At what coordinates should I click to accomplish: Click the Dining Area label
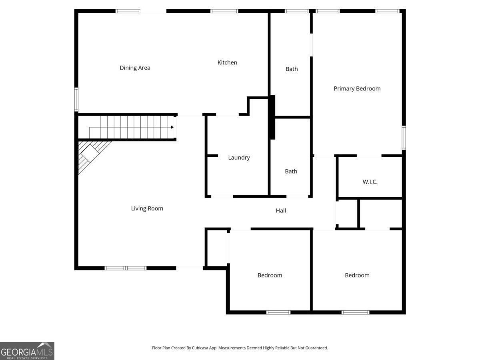(x=135, y=68)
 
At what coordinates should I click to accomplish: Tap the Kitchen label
(x=227, y=62)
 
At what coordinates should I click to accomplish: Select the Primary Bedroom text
(x=357, y=88)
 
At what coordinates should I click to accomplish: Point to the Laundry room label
(x=239, y=158)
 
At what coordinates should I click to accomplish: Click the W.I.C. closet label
(x=370, y=182)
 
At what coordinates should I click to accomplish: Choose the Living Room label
(x=147, y=208)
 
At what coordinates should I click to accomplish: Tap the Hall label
(x=281, y=210)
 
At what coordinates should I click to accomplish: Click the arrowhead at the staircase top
(x=172, y=127)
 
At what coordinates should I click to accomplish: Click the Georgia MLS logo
(x=27, y=351)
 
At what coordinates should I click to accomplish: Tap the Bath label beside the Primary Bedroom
(x=292, y=69)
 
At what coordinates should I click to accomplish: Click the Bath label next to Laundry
(x=291, y=171)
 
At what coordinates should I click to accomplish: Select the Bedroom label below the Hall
(x=270, y=275)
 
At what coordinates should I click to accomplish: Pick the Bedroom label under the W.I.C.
(x=357, y=275)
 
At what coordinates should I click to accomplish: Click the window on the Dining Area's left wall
(x=76, y=99)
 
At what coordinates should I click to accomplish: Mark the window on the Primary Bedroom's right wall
(x=404, y=138)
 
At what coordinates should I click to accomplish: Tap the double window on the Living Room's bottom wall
(x=125, y=268)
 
